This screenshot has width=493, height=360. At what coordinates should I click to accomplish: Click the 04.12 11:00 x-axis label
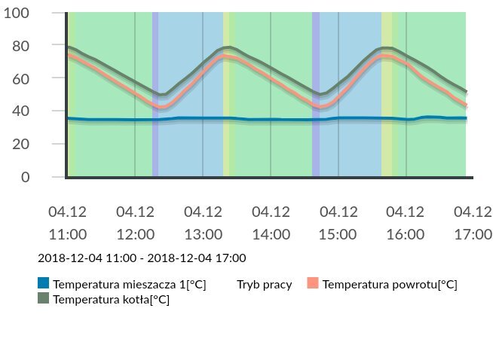[67, 222]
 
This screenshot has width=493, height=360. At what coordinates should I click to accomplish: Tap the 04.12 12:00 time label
[135, 222]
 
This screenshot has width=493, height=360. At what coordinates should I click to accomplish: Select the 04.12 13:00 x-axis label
[203, 222]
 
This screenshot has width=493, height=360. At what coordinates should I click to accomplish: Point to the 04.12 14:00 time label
[271, 222]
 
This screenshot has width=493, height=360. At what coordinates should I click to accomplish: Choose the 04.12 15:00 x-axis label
[338, 222]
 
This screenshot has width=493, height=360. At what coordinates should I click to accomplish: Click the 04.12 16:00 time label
[406, 222]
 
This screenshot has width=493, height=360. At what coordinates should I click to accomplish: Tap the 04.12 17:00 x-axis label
[473, 222]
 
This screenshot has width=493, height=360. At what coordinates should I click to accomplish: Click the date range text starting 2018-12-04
[142, 258]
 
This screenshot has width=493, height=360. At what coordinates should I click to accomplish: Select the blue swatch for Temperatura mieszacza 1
[44, 284]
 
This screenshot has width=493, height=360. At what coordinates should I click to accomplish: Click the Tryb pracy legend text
[264, 285]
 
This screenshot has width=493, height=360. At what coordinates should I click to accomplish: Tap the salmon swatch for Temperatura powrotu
[313, 284]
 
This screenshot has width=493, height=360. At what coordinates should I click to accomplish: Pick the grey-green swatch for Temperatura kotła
[44, 299]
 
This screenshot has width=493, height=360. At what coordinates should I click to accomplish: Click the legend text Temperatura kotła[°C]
[111, 300]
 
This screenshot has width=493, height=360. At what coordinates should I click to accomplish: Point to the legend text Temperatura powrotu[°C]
[390, 285]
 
